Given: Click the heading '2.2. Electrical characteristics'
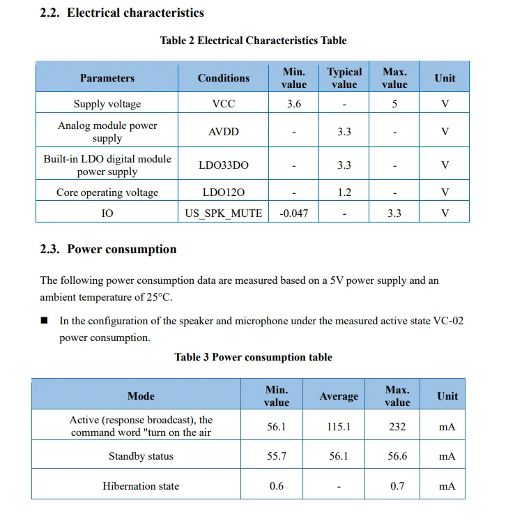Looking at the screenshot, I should (122, 13).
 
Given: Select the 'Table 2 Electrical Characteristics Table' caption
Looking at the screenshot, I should (253, 40).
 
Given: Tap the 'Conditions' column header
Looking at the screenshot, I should (223, 78).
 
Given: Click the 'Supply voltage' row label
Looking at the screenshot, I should (107, 104).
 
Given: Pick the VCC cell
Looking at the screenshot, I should (223, 104).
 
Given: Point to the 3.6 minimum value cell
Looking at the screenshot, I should (293, 104).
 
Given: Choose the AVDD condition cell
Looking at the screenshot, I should (223, 132).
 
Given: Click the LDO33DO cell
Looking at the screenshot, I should (223, 165).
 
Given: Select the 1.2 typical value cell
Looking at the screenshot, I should (344, 193).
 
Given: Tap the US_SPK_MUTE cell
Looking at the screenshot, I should (223, 213).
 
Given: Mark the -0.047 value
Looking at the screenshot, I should (293, 213).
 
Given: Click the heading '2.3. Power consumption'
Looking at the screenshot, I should (108, 249).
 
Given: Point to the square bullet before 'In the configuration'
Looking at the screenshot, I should (44, 322).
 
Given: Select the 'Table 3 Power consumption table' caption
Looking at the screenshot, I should (253, 357).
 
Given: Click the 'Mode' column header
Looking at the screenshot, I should (141, 396).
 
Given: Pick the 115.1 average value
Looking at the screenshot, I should (339, 427).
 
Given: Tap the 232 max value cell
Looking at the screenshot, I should (397, 427).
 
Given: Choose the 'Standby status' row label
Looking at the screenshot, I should (141, 456).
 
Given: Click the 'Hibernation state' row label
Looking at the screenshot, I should (141, 486).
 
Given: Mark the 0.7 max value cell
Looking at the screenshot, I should (397, 486).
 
